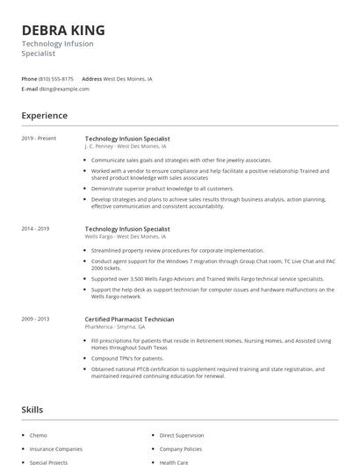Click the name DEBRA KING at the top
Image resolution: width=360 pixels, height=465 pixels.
pos(62,30)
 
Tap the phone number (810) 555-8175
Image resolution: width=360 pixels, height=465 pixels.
pos(57,78)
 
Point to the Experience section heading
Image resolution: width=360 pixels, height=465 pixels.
pos(44,116)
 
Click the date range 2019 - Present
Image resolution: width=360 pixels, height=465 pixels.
pos(39,139)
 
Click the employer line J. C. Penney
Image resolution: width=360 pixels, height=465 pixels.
pos(125,147)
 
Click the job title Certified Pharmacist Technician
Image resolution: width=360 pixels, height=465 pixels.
pos(129,318)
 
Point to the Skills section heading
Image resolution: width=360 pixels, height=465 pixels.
pos(32,410)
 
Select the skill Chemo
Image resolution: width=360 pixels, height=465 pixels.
pos(39,435)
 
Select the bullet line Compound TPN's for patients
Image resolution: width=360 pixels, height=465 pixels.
pos(127,358)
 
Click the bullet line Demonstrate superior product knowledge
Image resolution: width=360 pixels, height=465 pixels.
pos(162,188)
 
